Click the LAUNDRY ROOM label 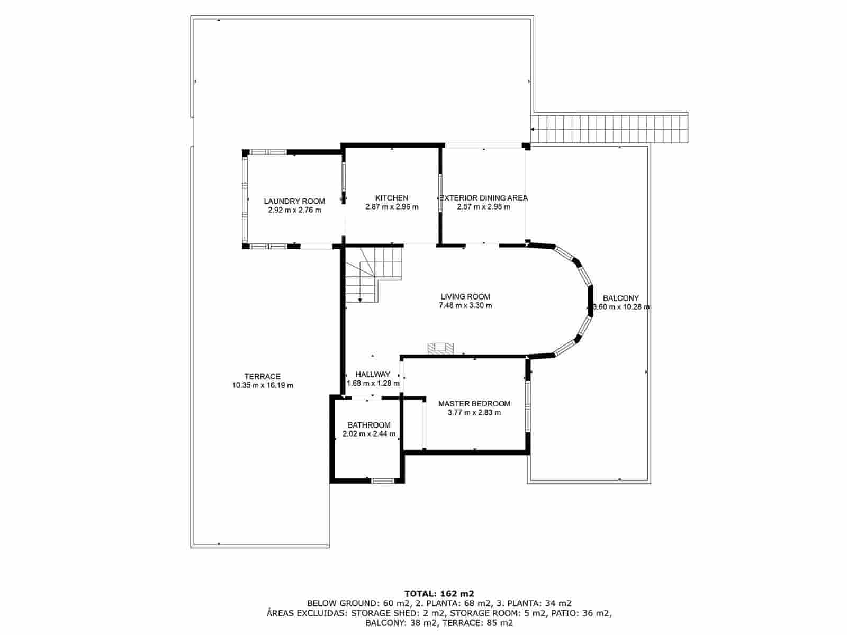[x=294, y=201]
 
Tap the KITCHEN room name [x=392, y=198]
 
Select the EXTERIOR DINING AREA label [x=484, y=198]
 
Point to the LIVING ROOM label [x=465, y=297]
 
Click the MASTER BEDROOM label [x=474, y=404]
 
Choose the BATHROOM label [x=369, y=425]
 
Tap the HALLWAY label [x=373, y=374]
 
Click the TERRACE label [x=263, y=377]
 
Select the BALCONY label [x=621, y=298]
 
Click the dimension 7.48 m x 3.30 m [x=465, y=305]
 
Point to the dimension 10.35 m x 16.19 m [x=263, y=385]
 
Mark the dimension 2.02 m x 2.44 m [x=369, y=433]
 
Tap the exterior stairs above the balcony [x=609, y=128]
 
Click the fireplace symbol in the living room [x=440, y=348]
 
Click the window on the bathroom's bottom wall [x=382, y=480]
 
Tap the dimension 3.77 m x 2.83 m [x=474, y=412]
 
